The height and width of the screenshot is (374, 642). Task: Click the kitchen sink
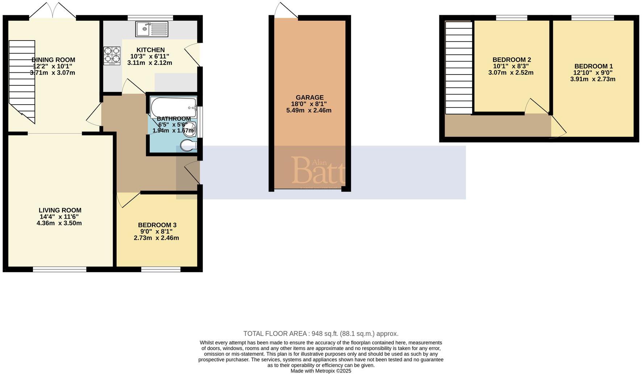click(x=152, y=29)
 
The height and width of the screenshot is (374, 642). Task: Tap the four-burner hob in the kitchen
click(x=112, y=55)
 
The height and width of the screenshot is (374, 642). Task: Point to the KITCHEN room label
click(x=150, y=50)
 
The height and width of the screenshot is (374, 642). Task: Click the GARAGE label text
click(x=309, y=97)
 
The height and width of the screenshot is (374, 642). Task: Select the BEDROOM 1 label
click(x=593, y=66)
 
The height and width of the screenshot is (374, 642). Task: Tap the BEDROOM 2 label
click(x=512, y=60)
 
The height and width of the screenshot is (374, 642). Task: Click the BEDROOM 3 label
click(x=157, y=225)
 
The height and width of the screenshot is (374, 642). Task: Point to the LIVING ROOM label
click(x=60, y=210)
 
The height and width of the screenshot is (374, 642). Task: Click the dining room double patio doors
click(x=53, y=11)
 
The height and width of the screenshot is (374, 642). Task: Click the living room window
click(x=59, y=269)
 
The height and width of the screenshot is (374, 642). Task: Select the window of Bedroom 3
click(x=160, y=269)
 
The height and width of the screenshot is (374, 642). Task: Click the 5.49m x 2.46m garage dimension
click(x=309, y=110)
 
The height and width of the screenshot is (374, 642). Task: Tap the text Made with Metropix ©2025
click(x=321, y=371)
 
